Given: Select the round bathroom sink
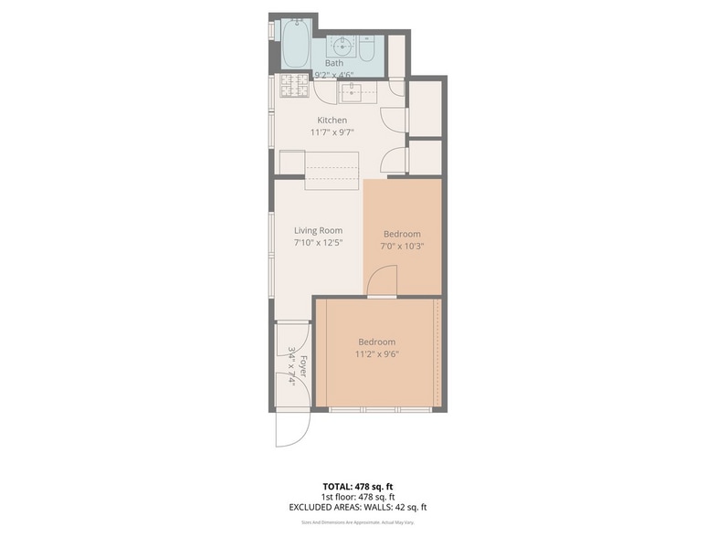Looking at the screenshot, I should pyautogui.click(x=342, y=46).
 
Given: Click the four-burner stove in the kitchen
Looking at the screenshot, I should pyautogui.click(x=293, y=87).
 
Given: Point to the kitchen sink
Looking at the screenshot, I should pyautogui.click(x=353, y=90).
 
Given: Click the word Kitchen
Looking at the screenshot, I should pyautogui.click(x=332, y=121).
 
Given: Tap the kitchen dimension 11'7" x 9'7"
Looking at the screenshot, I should pyautogui.click(x=332, y=133).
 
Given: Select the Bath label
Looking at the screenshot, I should pyautogui.click(x=334, y=63).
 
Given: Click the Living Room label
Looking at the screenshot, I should pyautogui.click(x=318, y=231).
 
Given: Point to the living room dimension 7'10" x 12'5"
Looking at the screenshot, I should pyautogui.click(x=318, y=244).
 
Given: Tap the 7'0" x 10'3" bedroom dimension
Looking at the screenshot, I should pyautogui.click(x=402, y=246).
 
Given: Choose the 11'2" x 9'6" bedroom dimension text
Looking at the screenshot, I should pyautogui.click(x=377, y=354).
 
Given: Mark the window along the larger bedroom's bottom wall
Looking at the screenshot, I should pyautogui.click(x=380, y=408).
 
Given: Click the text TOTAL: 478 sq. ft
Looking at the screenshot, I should pyautogui.click(x=357, y=486).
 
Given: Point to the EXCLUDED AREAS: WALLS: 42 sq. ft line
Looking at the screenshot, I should pyautogui.click(x=357, y=507).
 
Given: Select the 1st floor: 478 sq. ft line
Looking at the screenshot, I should pyautogui.click(x=357, y=497).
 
